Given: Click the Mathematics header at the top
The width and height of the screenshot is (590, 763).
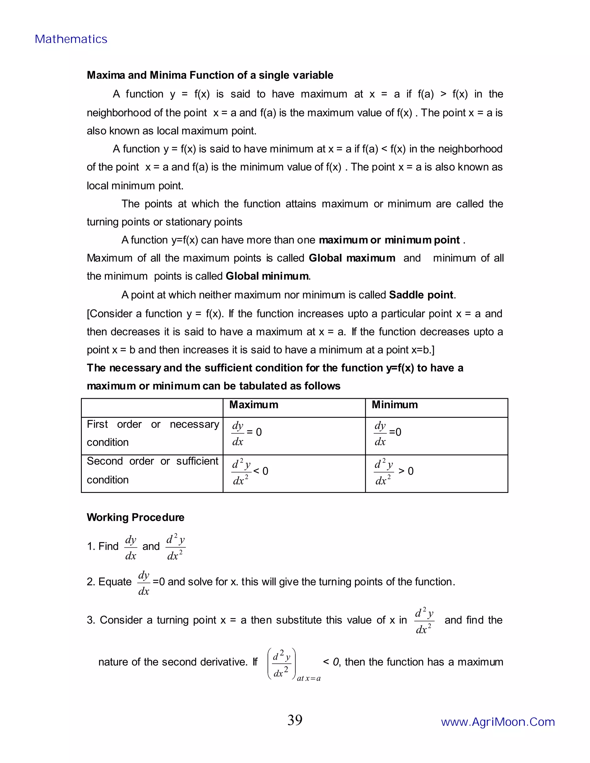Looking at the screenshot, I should tap(71, 39).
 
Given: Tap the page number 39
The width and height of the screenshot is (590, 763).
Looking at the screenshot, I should tap(295, 720).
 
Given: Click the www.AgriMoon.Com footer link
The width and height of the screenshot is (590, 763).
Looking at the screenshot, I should tap(498, 722).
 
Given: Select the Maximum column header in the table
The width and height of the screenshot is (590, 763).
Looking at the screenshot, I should tap(254, 405).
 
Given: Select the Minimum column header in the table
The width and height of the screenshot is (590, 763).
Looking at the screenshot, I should tap(395, 405).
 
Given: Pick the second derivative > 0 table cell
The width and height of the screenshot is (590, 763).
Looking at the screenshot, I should tap(394, 472).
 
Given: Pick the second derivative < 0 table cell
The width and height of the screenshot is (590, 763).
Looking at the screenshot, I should tap(249, 472).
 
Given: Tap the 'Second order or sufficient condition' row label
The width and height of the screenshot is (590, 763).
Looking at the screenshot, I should tap(152, 470).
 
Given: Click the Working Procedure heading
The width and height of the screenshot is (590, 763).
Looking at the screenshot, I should tap(135, 517).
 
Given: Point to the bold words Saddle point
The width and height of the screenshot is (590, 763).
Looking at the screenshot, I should tap(421, 295).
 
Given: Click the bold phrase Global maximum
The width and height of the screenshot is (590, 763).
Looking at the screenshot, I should tap(352, 258).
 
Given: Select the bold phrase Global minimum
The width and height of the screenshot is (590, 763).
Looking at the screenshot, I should tap(267, 276).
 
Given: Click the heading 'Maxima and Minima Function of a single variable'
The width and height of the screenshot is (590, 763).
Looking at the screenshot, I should tap(210, 75).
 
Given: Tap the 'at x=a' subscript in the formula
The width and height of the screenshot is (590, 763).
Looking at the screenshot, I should tap(309, 678).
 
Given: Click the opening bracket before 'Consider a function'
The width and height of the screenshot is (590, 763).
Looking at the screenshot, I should tap(88, 314).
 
